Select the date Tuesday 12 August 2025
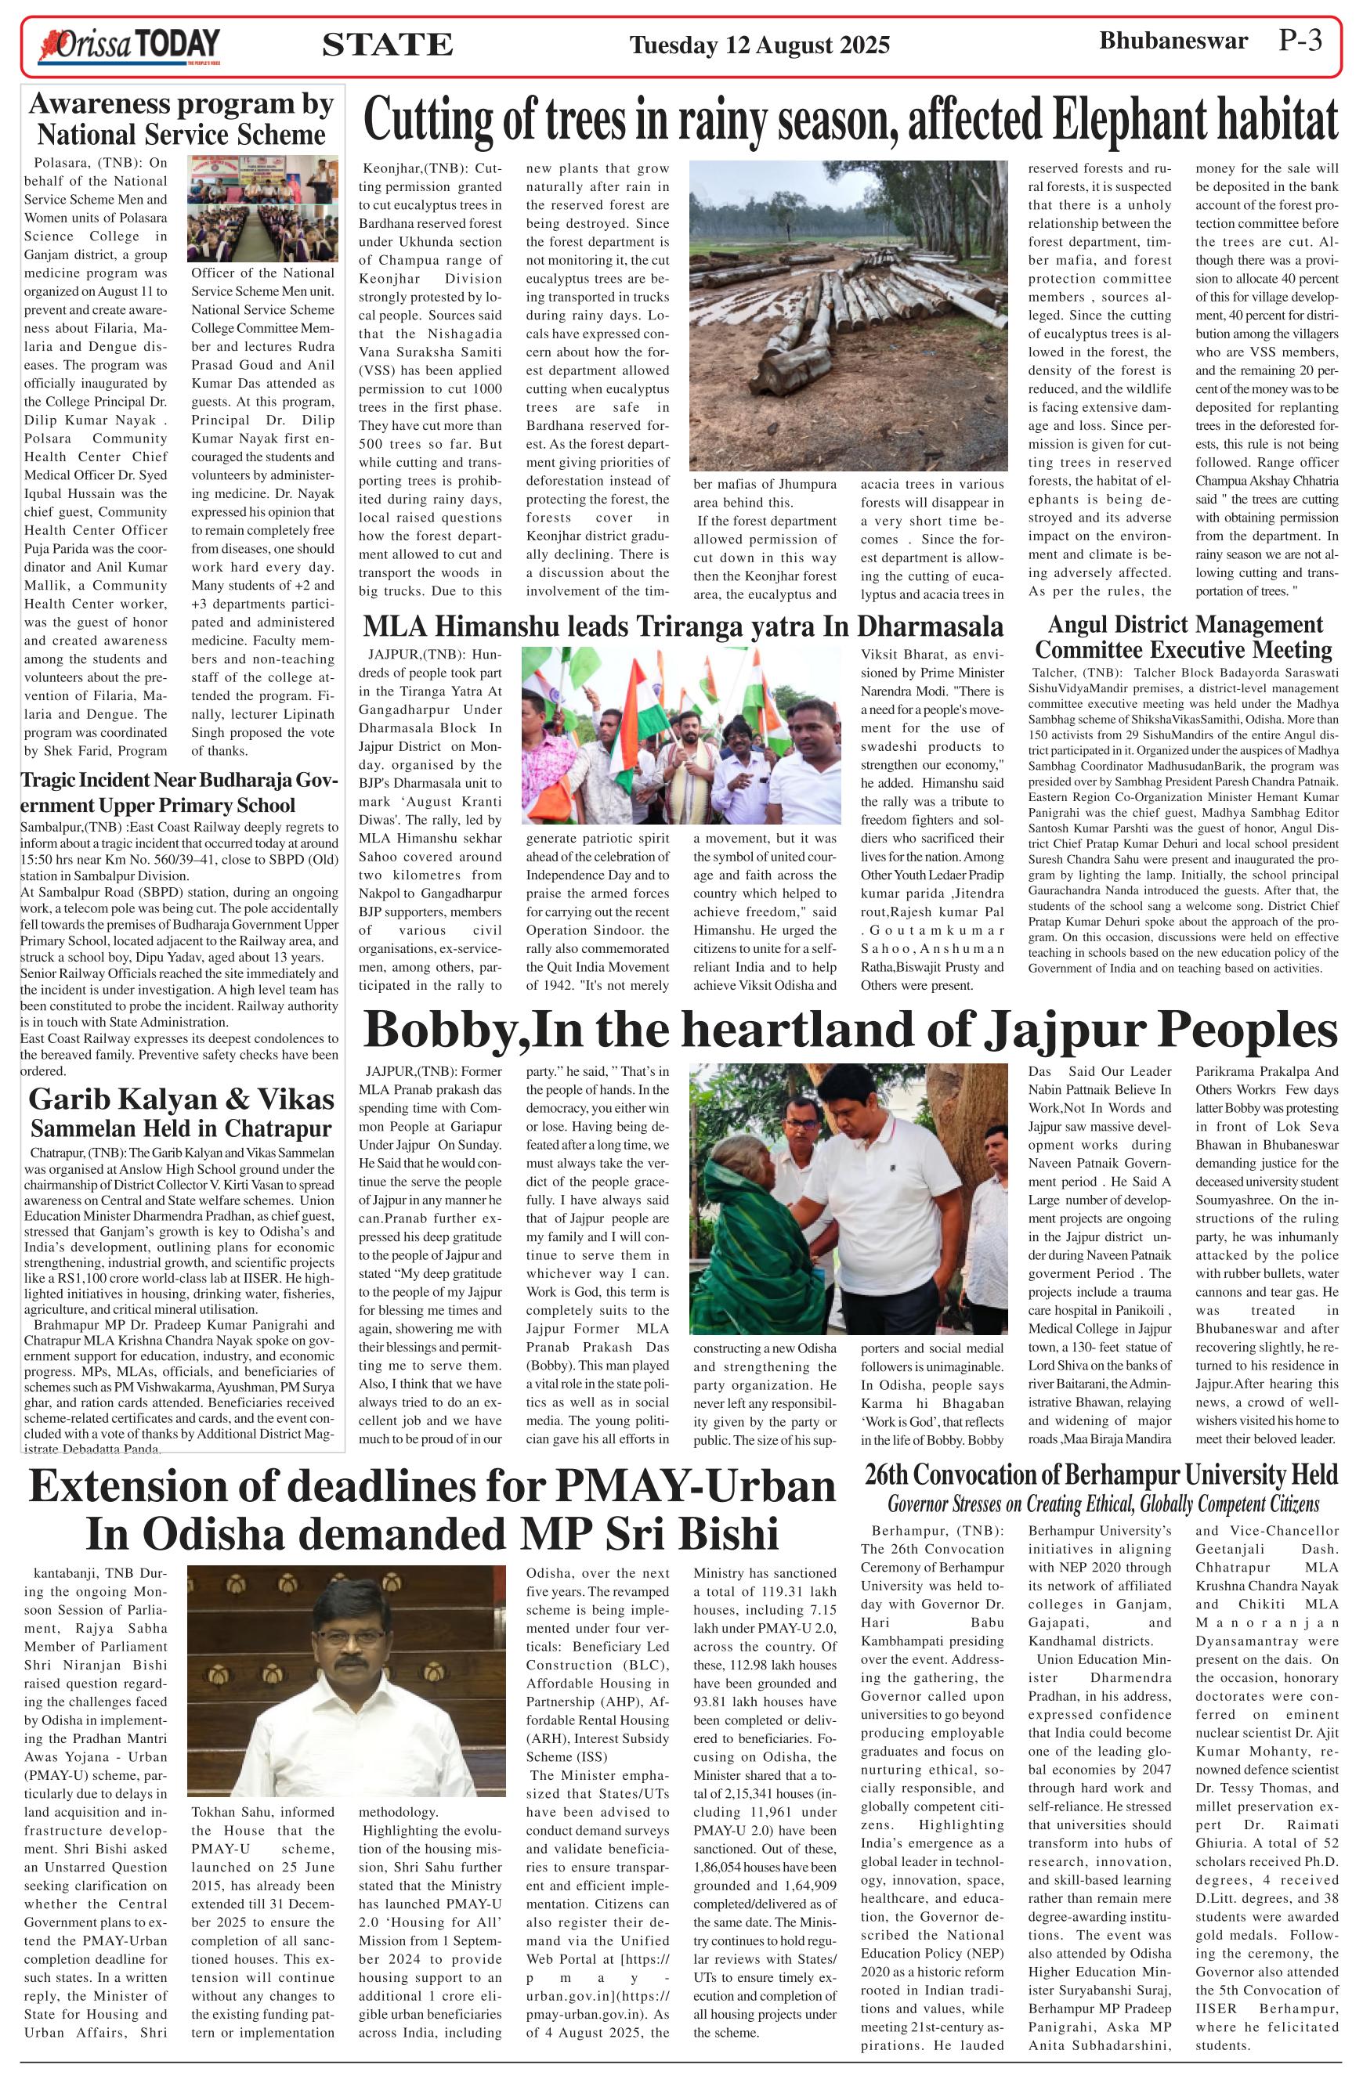pyautogui.click(x=759, y=45)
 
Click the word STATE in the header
pyautogui.click(x=387, y=45)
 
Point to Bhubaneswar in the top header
pyautogui.click(x=1173, y=41)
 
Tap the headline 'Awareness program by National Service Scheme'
pyautogui.click(x=182, y=119)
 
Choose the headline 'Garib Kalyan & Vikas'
pyautogui.click(x=182, y=1098)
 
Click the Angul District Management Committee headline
pyautogui.click(x=1183, y=637)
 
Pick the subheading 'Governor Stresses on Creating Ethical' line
pyautogui.click(x=1103, y=1504)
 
